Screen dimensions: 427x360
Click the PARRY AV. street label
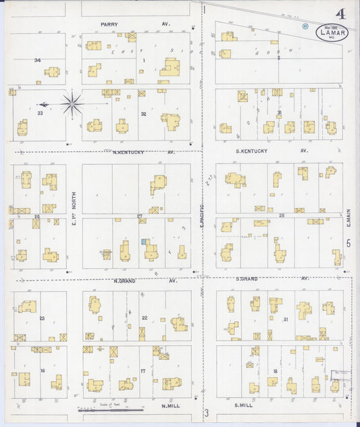point(136,25)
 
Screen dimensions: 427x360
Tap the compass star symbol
point(72,104)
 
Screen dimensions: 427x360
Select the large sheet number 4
point(342,13)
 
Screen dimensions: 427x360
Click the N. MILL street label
point(168,406)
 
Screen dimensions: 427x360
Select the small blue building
point(144,241)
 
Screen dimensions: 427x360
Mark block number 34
point(37,60)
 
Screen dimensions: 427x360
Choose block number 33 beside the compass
point(40,113)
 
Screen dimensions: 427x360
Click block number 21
point(286,319)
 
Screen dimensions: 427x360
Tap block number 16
point(41,371)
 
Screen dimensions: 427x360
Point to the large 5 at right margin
point(349,243)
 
